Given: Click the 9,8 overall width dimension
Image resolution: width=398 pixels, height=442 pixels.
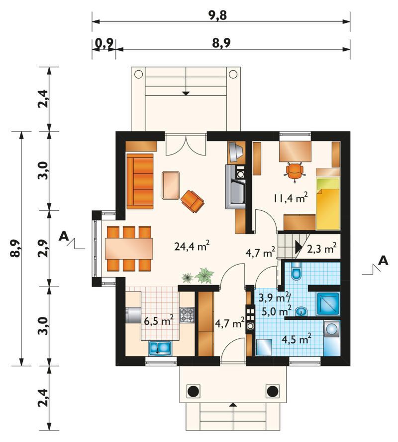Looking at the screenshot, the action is click(x=217, y=15).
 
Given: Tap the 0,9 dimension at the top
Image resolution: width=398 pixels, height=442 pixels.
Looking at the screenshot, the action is click(x=104, y=43).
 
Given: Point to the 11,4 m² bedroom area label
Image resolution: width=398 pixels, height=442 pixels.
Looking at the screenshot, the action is click(x=290, y=198).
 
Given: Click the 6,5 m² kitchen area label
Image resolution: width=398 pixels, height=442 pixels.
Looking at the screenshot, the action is click(x=158, y=320).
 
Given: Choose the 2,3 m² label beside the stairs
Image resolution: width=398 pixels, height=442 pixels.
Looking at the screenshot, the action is click(x=321, y=248).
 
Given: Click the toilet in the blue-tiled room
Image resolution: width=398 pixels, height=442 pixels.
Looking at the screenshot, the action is click(x=296, y=271).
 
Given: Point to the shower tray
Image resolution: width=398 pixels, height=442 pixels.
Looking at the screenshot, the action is click(x=328, y=304).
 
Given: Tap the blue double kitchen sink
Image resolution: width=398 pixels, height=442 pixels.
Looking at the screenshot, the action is click(x=160, y=347).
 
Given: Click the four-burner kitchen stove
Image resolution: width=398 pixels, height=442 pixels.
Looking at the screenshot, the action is click(x=187, y=315).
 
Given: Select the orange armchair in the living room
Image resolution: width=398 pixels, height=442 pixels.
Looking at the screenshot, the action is click(x=192, y=201).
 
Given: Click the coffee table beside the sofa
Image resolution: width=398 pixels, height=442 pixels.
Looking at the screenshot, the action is click(x=171, y=185).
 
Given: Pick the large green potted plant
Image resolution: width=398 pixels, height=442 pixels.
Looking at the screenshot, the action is click(x=204, y=276).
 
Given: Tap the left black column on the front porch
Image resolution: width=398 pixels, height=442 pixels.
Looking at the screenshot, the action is click(x=194, y=391).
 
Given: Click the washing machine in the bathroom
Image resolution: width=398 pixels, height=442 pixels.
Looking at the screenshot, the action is click(x=331, y=329).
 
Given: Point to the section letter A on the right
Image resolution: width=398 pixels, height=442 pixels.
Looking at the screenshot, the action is click(x=383, y=261).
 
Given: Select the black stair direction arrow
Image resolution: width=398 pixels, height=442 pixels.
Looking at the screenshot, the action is click(x=298, y=247).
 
